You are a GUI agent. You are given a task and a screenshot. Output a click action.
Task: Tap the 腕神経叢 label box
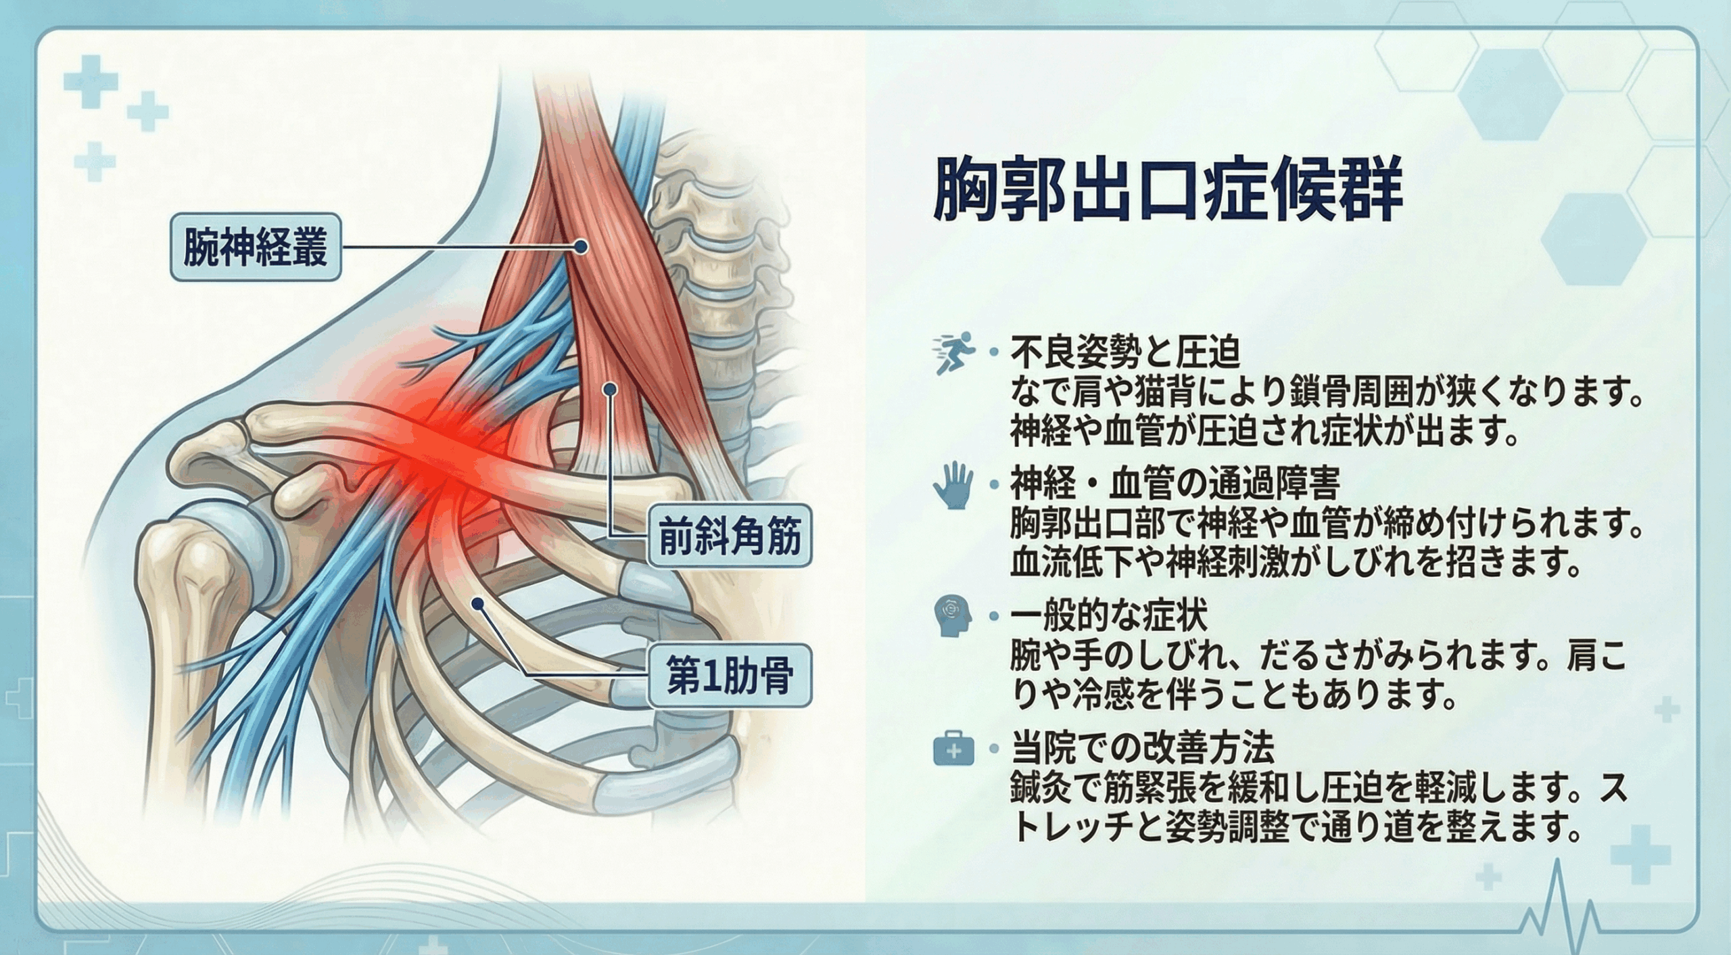(256, 247)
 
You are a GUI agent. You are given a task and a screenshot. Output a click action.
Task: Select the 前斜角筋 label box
(730, 536)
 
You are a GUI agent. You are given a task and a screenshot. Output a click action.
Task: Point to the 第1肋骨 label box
(730, 675)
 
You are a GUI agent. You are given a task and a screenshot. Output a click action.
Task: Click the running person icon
(954, 352)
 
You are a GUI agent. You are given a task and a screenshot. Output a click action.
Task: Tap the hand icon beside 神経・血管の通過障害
(953, 485)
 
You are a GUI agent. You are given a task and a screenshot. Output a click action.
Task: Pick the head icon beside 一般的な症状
(953, 616)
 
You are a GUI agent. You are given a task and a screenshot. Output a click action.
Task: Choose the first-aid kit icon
(953, 750)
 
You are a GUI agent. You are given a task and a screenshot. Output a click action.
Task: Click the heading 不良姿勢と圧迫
(1125, 352)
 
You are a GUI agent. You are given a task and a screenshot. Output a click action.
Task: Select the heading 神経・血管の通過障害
(1175, 483)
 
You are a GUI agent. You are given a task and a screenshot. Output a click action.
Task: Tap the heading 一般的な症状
(1109, 615)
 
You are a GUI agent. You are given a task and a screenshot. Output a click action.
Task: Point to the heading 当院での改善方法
(1143, 747)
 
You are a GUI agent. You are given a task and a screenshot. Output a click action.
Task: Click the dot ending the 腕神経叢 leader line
(580, 248)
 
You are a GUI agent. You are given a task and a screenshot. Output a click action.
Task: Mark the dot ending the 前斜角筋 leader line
(610, 390)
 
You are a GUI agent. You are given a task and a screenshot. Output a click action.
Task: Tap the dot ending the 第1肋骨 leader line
(478, 603)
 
